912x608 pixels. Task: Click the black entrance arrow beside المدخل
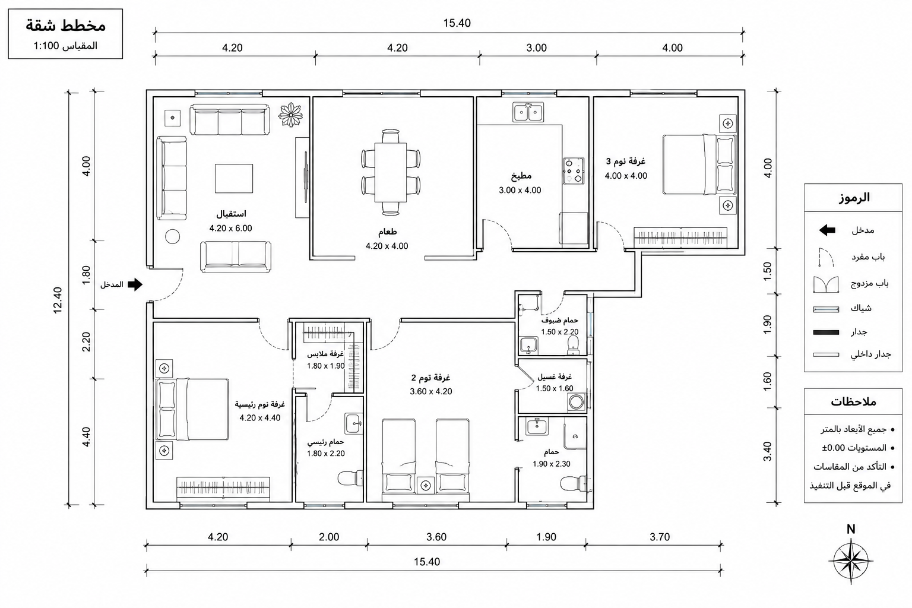135,284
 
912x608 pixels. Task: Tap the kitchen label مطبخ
521,176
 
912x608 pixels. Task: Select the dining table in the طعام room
391,172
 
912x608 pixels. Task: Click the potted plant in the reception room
291,115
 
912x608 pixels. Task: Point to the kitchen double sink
528,112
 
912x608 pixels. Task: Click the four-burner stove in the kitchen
574,170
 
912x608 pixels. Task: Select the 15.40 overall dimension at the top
457,23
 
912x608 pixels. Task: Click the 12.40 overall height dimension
58,300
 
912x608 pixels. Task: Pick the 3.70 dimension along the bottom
660,537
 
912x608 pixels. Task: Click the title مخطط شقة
65,26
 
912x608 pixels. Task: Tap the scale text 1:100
46,46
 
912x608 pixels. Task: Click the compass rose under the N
850,560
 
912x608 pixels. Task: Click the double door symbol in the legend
826,284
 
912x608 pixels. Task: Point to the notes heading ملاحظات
853,402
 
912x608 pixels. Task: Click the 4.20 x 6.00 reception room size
230,229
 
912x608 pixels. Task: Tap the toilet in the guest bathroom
573,346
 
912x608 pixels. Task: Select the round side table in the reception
173,236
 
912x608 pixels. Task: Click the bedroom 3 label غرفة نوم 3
626,161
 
